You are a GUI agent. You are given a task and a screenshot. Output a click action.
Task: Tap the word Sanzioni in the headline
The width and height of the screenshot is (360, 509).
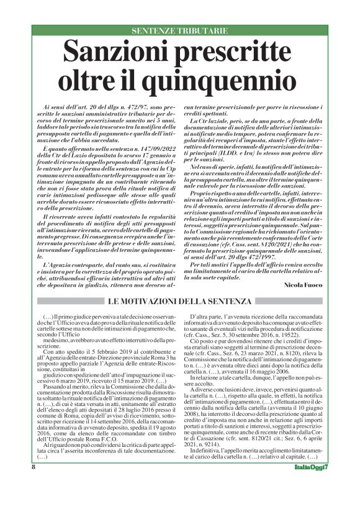pyautogui.click(x=120, y=51)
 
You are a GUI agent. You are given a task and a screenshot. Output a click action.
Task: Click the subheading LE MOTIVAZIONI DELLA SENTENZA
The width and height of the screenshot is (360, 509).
pyautogui.click(x=180, y=301)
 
